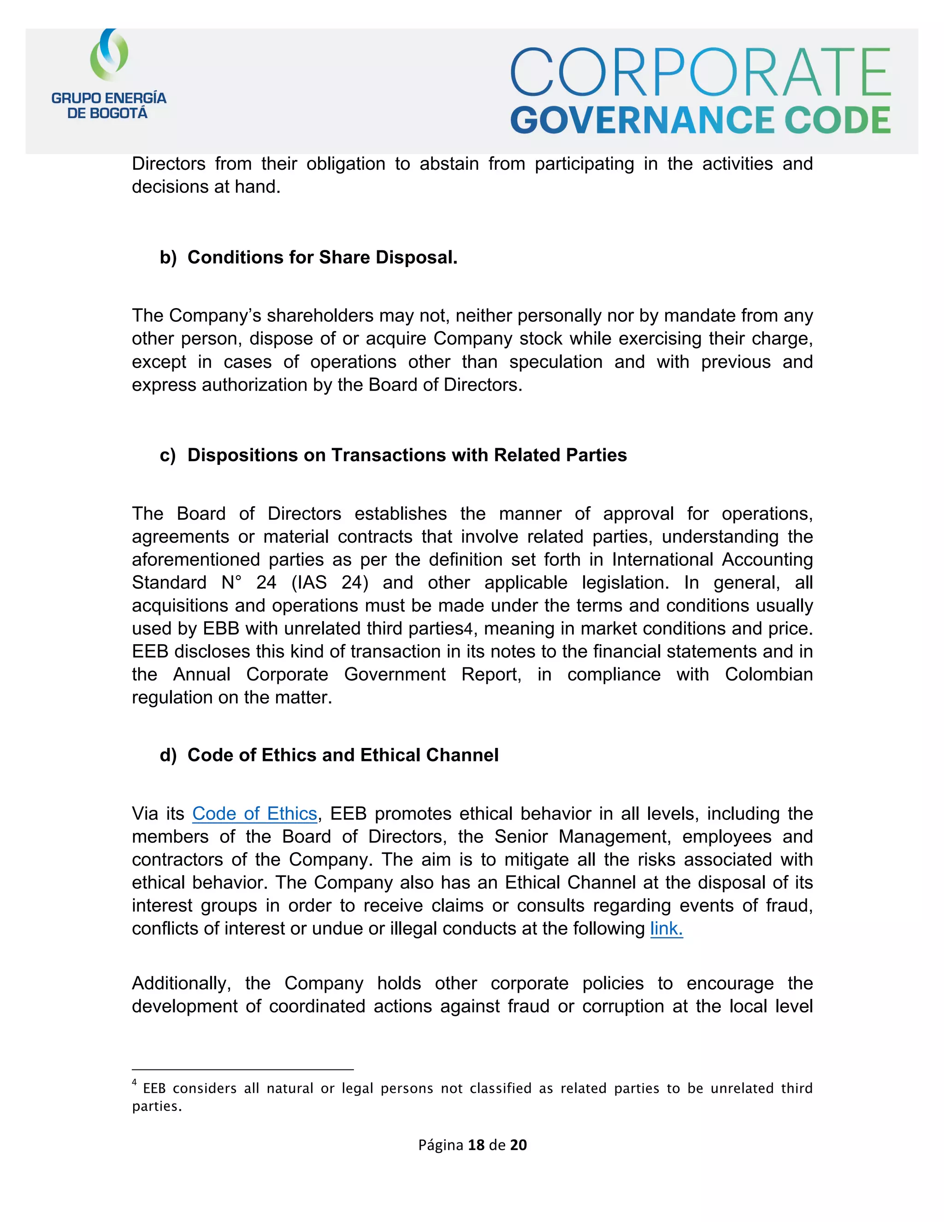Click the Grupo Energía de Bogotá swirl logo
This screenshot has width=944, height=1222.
(109, 55)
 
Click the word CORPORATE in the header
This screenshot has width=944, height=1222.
(700, 73)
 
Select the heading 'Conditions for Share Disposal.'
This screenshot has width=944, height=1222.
(322, 257)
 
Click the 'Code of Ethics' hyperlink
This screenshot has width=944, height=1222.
(254, 813)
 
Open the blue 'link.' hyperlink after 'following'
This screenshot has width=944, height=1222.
(666, 929)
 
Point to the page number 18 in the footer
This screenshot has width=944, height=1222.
(476, 1145)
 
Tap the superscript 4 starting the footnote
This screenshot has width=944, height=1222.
(135, 1082)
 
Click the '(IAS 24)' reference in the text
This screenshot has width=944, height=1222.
(330, 583)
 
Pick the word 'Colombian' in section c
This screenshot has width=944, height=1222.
(768, 675)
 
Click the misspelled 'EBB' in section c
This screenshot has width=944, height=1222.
(221, 629)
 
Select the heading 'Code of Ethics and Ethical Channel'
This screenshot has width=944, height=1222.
(342, 755)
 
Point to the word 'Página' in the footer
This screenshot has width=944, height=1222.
(441, 1145)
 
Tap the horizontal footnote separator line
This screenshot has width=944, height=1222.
(243, 1070)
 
